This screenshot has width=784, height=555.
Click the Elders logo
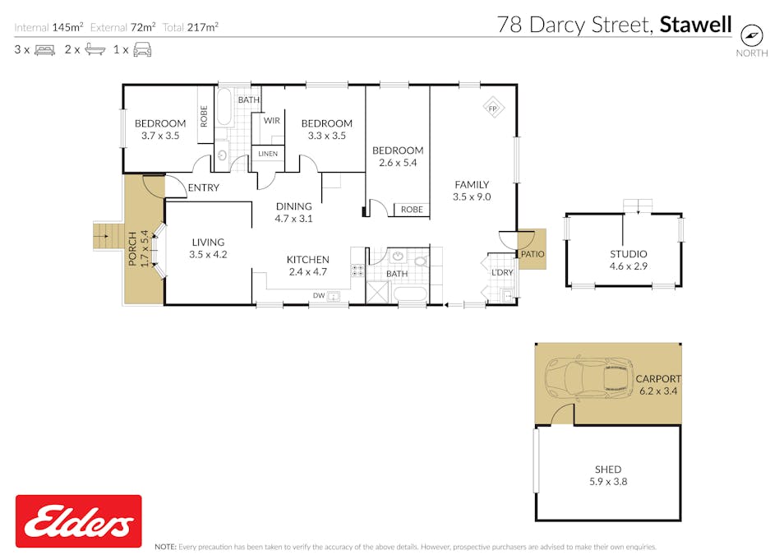[78, 521]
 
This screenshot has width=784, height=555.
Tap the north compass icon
[752, 35]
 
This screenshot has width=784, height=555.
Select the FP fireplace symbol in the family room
[493, 109]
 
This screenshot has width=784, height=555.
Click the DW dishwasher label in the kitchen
[318, 296]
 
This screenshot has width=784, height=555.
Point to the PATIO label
[532, 254]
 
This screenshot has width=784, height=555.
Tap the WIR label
[271, 119]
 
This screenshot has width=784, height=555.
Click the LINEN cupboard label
[268, 154]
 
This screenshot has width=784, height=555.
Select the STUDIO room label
[628, 254]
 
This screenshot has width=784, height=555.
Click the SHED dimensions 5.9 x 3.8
[608, 482]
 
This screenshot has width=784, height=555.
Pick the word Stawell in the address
[695, 25]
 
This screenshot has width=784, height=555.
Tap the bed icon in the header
[44, 49]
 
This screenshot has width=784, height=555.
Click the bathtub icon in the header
[95, 49]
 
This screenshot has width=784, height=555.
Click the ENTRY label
[203, 187]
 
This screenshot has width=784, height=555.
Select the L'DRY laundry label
[502, 272]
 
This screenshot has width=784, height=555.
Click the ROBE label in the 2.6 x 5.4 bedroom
[412, 210]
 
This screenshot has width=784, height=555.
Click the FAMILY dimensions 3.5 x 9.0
[471, 197]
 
